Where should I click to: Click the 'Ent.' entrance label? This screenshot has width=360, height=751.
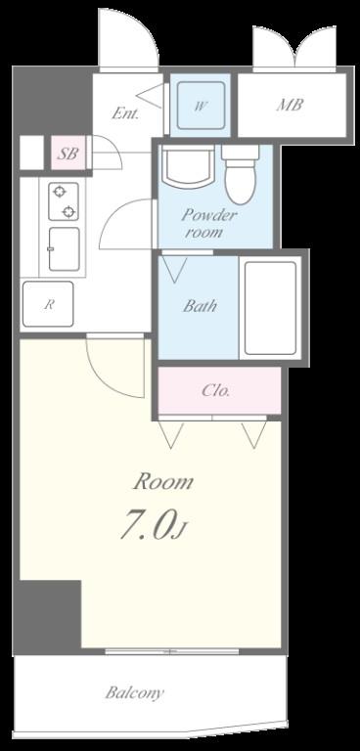[x=125, y=113]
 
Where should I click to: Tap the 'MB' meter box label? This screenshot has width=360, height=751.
[x=290, y=105]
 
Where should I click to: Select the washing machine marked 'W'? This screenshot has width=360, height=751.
[x=201, y=106]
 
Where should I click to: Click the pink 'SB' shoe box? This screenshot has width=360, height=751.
[x=69, y=154]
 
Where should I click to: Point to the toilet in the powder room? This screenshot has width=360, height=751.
[x=241, y=175]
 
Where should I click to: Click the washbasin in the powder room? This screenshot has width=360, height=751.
[x=188, y=167]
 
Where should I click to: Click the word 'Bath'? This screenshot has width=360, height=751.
[x=200, y=306]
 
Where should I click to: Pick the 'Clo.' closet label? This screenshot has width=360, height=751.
[x=216, y=391]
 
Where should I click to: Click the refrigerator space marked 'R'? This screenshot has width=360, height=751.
[x=48, y=304]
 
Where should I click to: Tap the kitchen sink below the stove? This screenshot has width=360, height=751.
[x=64, y=248]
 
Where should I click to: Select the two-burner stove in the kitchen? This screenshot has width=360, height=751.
[x=64, y=201]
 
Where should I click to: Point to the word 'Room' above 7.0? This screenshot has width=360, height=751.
[x=163, y=481]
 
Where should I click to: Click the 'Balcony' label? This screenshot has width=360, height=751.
[x=135, y=692]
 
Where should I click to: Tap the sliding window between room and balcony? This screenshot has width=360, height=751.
[x=172, y=651]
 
